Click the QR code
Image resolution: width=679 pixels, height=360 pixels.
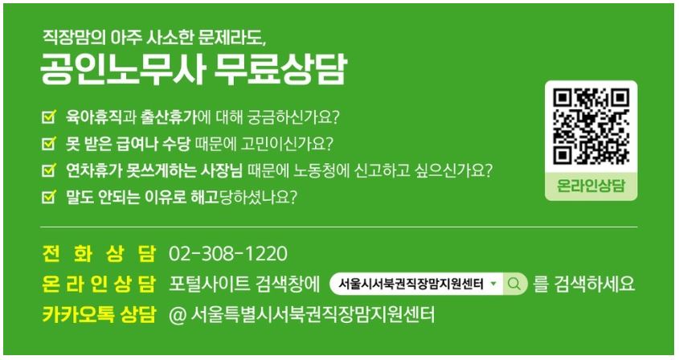[x=591, y=126]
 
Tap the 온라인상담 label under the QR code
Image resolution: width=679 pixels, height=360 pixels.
[x=591, y=186]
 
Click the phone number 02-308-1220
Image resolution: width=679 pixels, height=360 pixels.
[x=227, y=254]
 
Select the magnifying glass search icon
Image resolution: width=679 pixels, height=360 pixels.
[x=514, y=284]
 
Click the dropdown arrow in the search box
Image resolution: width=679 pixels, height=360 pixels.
[x=493, y=284]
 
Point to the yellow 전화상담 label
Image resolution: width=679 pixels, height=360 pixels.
[x=99, y=254]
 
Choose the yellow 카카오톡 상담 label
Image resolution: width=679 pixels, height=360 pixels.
[x=99, y=314]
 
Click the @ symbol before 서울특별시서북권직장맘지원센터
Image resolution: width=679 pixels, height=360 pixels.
[x=178, y=315]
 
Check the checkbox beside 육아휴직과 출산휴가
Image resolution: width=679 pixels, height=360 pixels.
[x=49, y=117]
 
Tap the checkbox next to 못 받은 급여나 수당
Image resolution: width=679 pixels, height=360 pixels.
[x=49, y=143]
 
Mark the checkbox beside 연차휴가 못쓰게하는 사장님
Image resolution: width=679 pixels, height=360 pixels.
[x=49, y=170]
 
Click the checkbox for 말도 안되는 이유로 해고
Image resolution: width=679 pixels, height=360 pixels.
[x=49, y=197]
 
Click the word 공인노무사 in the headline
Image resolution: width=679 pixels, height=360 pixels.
[x=121, y=69]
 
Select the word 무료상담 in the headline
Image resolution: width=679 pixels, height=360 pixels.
[x=280, y=69]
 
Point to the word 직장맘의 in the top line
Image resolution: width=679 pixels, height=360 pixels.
[x=74, y=37]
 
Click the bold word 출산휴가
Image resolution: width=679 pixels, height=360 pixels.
[x=169, y=117]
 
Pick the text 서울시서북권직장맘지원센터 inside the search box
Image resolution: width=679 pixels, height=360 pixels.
[x=411, y=284]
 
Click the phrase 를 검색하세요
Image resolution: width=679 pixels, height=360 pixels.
[x=584, y=284]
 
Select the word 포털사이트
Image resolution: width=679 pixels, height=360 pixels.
[x=210, y=284]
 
